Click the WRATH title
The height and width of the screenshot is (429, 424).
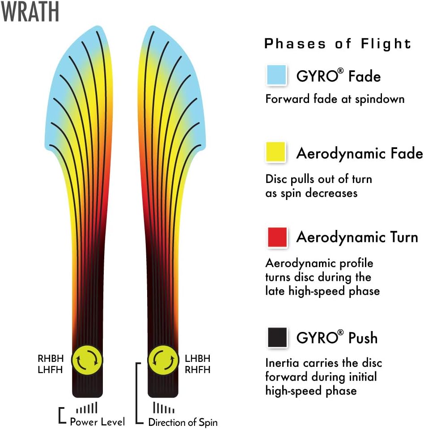click(x=30, y=11)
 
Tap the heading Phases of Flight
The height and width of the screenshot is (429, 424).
click(x=338, y=44)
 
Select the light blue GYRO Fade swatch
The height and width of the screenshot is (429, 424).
click(x=276, y=74)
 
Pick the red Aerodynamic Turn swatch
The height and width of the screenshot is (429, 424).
click(x=277, y=237)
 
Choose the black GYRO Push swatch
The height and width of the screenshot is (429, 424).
click(x=277, y=337)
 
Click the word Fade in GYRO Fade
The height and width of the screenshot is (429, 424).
click(x=365, y=76)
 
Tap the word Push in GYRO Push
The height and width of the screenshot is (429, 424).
click(x=363, y=338)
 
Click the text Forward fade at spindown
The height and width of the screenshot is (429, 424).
click(x=335, y=99)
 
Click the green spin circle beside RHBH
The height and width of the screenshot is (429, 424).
click(x=87, y=360)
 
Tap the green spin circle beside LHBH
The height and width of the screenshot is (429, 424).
click(x=163, y=360)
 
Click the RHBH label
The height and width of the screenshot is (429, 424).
click(x=51, y=358)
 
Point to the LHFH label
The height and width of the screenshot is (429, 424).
click(x=51, y=370)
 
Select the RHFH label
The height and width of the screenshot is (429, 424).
click(x=198, y=370)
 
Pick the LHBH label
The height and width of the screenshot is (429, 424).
click(x=198, y=358)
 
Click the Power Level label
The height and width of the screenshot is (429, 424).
click(x=98, y=421)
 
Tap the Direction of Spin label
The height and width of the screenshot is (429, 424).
click(x=183, y=422)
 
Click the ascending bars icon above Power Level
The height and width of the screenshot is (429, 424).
click(x=87, y=408)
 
